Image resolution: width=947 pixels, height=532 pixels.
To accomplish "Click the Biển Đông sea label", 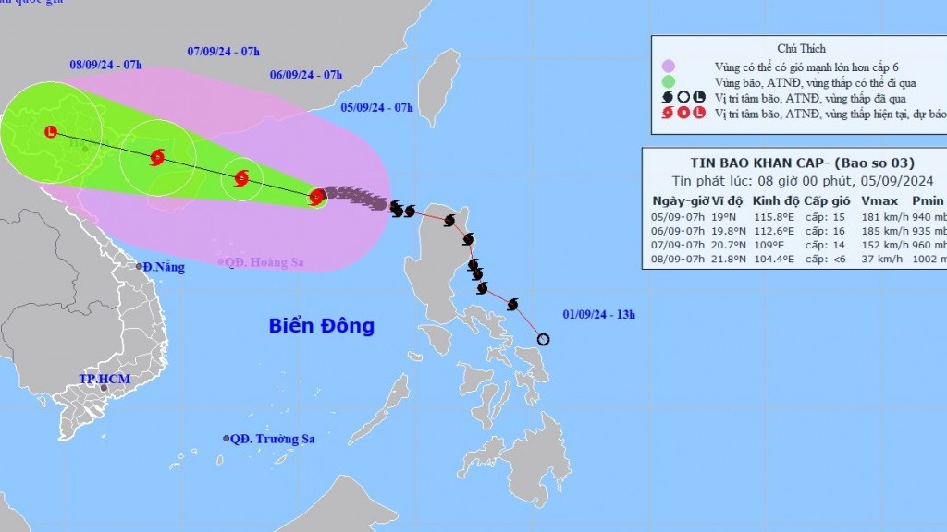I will pos(321,326).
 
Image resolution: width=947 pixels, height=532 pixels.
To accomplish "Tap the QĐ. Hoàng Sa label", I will pos(264,262).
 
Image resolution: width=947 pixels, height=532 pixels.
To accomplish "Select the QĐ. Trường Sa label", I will pos(271,439).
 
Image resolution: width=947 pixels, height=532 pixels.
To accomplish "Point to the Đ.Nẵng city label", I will pos(164,267).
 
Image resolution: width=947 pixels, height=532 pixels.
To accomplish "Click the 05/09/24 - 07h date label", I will pos(375,107).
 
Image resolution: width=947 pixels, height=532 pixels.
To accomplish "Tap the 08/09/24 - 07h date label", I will pos(105,65).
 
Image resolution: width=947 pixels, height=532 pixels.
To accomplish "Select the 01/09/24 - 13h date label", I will pos(598,315).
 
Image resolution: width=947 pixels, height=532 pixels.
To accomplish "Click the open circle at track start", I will pos(543,340).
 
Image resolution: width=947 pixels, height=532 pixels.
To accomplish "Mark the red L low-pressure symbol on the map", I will pos(50,132).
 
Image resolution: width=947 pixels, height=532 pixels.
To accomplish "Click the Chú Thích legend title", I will pos(801,48).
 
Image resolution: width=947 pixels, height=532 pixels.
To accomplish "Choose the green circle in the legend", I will pos(669,81).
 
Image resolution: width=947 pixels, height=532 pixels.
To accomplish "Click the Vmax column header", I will pos(878,200).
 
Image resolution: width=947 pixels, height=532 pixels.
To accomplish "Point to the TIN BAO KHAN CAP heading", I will pos(748,163).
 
